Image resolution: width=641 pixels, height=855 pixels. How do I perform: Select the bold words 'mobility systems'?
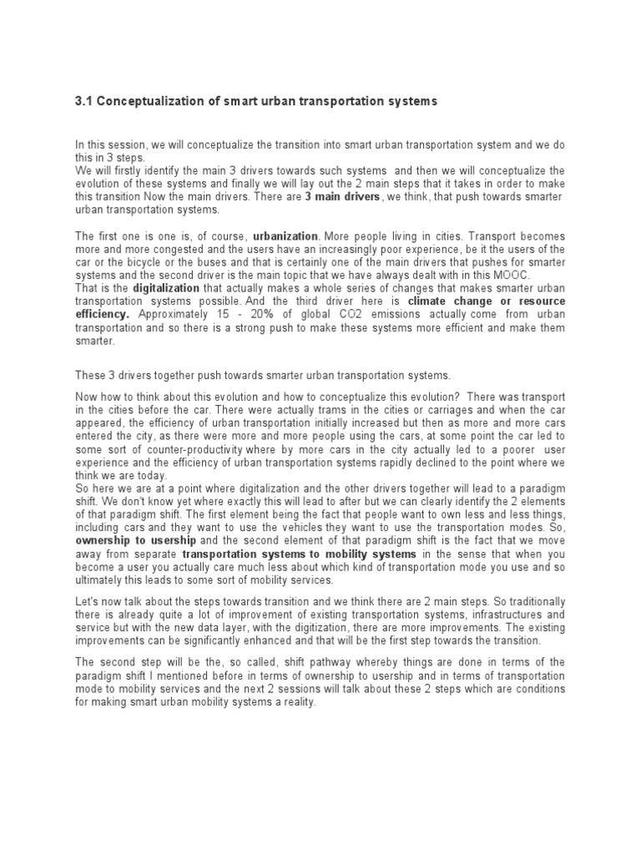(x=372, y=554)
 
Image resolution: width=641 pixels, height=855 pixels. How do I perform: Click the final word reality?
(x=297, y=702)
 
